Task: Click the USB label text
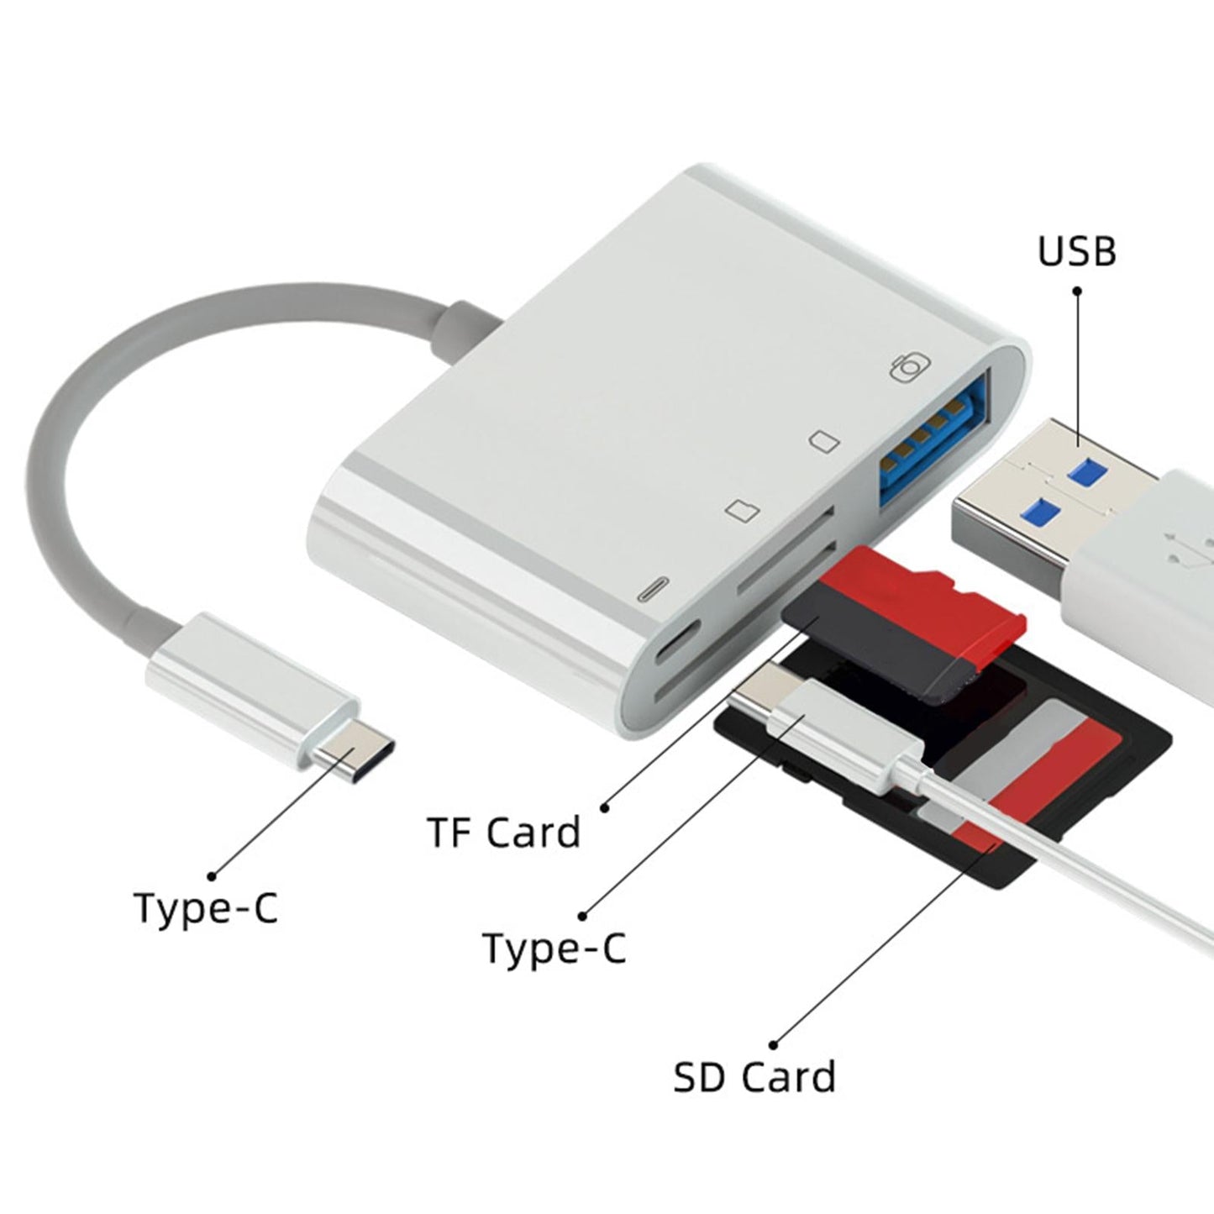click(x=1077, y=251)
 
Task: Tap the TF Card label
click(x=504, y=832)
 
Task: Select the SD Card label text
click(x=754, y=1076)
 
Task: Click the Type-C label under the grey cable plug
click(x=206, y=907)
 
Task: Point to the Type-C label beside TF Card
click(x=554, y=948)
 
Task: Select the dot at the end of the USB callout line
click(x=1077, y=291)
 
